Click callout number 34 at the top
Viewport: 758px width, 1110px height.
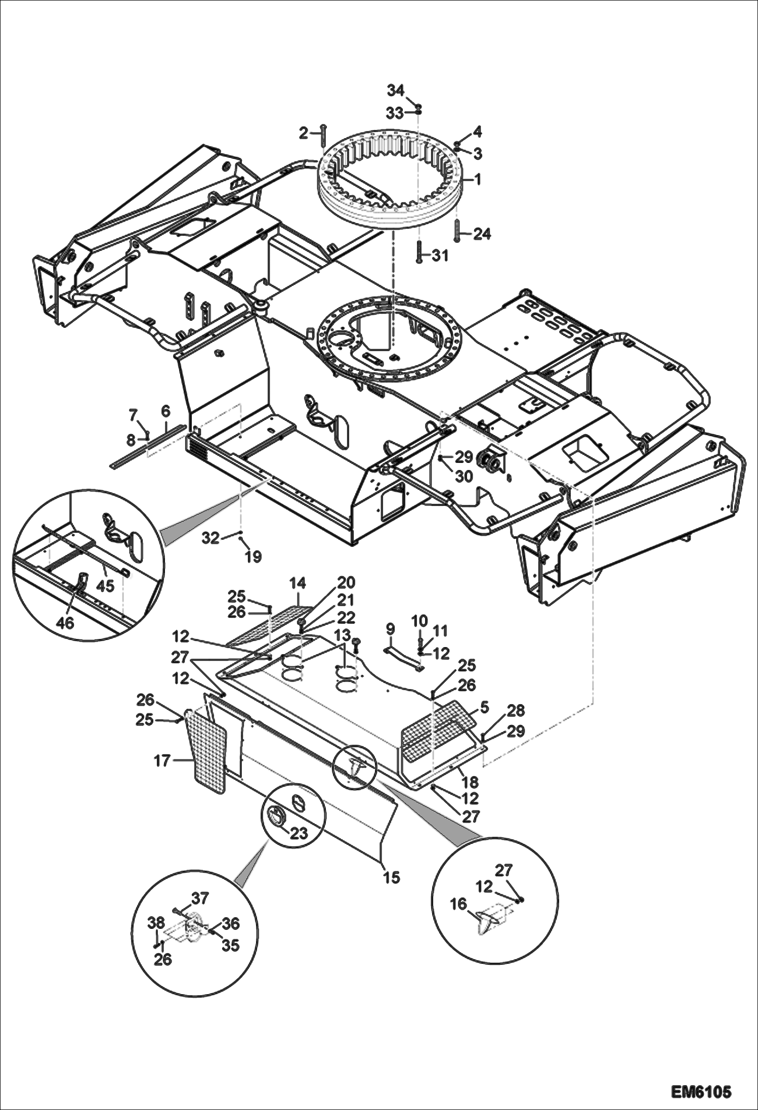pyautogui.click(x=396, y=91)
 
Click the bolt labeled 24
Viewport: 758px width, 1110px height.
pyautogui.click(x=457, y=231)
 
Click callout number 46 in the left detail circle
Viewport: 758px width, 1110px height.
pyautogui.click(x=65, y=622)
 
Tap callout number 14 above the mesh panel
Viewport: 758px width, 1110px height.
pyautogui.click(x=298, y=583)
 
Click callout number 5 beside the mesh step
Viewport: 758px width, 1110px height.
pyautogui.click(x=484, y=707)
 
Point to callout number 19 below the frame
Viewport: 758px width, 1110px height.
pyautogui.click(x=254, y=557)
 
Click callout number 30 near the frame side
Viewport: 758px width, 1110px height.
pyautogui.click(x=464, y=476)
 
